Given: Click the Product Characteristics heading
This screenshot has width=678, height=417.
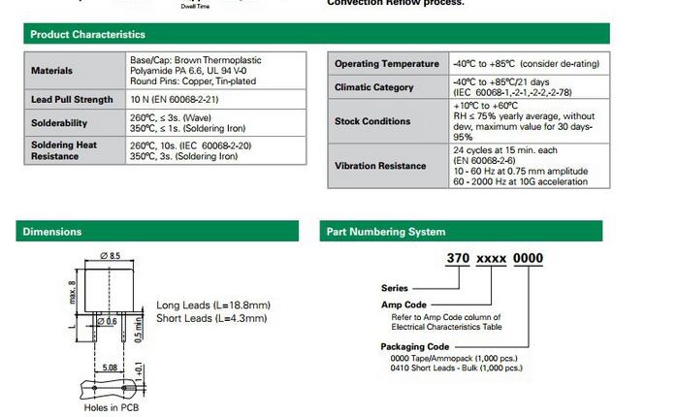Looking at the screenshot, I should [87, 35].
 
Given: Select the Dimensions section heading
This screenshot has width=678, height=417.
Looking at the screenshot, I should [52, 232].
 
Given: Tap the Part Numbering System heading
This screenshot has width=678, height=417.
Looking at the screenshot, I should [386, 232].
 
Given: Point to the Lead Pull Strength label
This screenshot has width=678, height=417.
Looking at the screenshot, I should [72, 99].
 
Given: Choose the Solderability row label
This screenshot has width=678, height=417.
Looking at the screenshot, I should [59, 123].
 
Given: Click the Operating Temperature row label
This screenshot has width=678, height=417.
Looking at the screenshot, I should [386, 64].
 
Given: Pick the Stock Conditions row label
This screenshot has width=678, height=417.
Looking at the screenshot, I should [372, 121].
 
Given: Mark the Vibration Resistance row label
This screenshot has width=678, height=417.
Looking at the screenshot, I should [381, 166].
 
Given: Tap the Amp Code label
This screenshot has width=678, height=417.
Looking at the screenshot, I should [399, 305].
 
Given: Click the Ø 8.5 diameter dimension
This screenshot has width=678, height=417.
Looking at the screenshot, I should [110, 256].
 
